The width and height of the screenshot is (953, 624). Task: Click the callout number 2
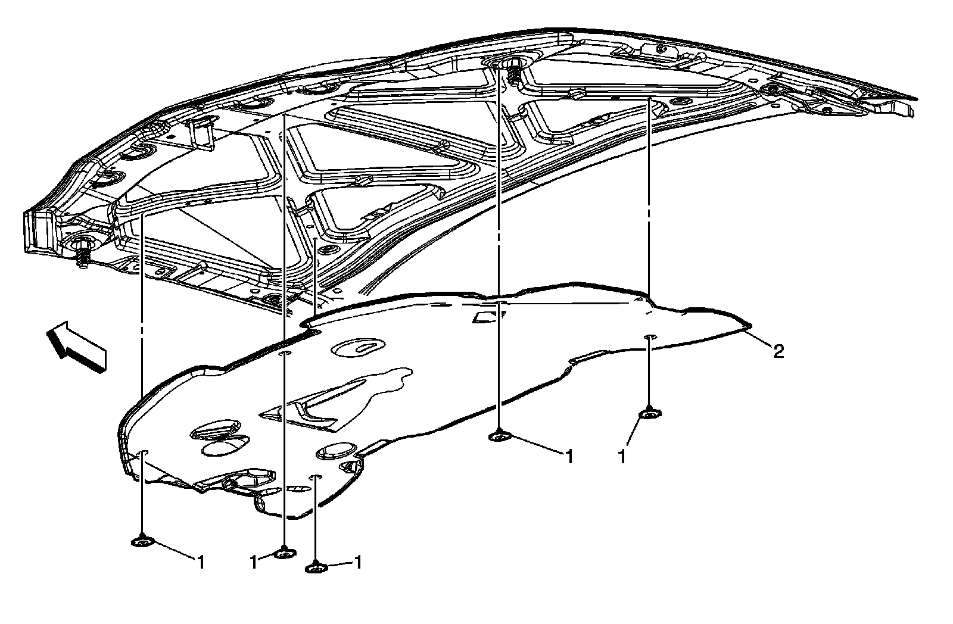pos(777,352)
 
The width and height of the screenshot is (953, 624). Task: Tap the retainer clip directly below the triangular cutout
pos(497,438)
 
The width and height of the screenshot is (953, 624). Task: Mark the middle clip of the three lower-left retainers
pos(285,554)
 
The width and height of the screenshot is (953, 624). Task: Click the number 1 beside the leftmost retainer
pos(201,561)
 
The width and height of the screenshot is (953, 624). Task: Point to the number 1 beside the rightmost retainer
pos(622,457)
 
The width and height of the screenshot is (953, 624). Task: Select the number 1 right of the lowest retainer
pos(358,561)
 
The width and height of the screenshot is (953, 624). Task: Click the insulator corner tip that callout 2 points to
pos(749,326)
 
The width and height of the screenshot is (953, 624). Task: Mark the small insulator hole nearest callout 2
pos(650,338)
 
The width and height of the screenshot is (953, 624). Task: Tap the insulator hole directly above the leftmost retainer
pos(142,454)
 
